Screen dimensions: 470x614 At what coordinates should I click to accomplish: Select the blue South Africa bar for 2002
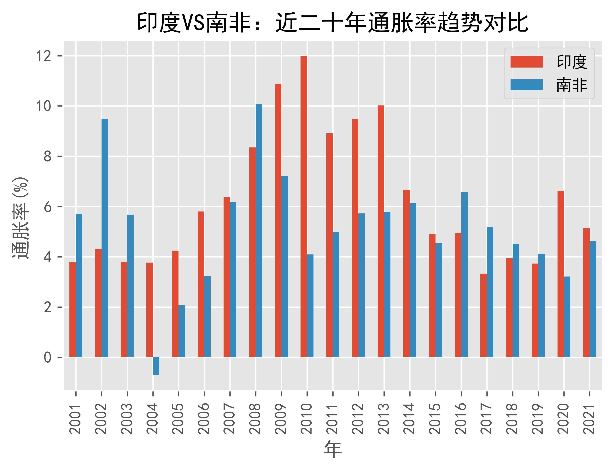105,238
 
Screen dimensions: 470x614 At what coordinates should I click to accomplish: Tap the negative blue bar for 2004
156,366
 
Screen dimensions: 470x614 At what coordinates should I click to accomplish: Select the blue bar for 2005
182,331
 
